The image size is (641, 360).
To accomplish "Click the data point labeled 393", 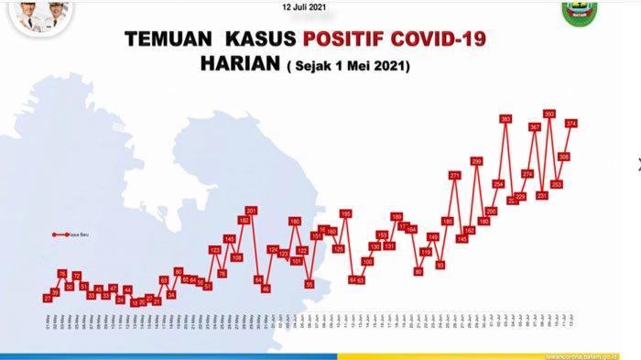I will point(549,115).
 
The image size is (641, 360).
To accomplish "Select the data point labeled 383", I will point(505,119).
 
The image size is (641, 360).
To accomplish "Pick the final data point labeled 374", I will point(571,123).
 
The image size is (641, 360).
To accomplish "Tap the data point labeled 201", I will point(252,211).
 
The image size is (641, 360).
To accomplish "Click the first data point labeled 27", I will point(48,299).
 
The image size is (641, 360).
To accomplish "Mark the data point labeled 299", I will point(476,161).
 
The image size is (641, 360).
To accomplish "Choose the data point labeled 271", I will point(455,175).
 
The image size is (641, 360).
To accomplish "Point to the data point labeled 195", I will point(345,213).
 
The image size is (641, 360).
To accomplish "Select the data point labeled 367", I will point(535,127).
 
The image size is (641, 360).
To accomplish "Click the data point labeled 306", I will point(564,157).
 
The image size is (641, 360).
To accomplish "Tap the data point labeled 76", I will point(62,274).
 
